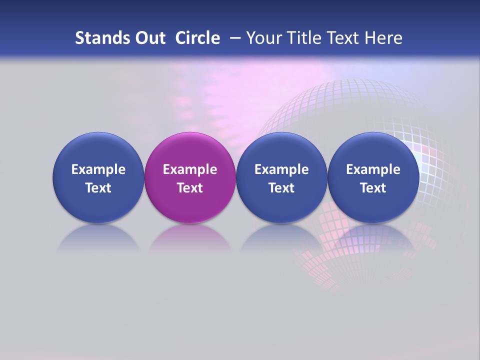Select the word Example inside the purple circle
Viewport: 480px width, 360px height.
click(190, 169)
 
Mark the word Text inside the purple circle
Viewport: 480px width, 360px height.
click(190, 188)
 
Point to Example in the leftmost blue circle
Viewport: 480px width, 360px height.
click(98, 169)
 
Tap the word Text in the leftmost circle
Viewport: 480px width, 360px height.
click(98, 188)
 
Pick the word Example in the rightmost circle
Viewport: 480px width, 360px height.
click(373, 169)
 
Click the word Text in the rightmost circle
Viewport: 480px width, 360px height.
click(373, 188)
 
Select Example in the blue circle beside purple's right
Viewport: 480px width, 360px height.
click(281, 169)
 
